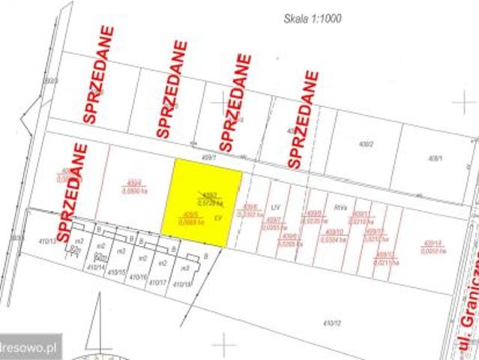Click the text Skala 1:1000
(x=311, y=19)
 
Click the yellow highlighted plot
(x=203, y=202)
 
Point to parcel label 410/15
(x=116, y=273)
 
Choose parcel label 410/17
(x=157, y=282)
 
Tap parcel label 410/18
(x=182, y=284)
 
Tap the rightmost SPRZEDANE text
(x=302, y=119)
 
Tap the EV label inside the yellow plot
(x=218, y=217)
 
